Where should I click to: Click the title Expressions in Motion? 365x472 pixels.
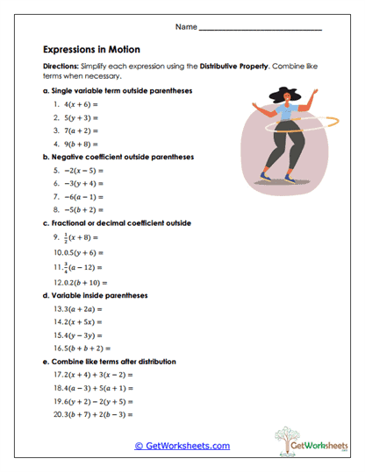pos(91,50)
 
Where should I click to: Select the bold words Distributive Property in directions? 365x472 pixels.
pos(231,66)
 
